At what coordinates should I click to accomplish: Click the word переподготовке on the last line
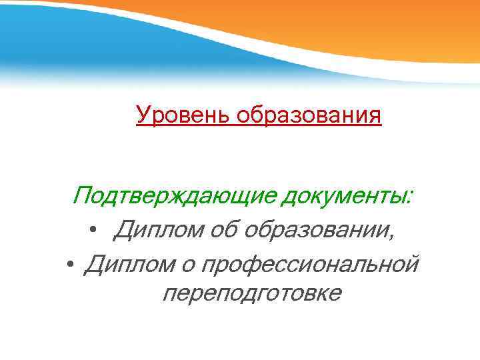pyautogui.click(x=251, y=293)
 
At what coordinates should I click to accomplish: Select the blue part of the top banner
pyautogui.click(x=67, y=40)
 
